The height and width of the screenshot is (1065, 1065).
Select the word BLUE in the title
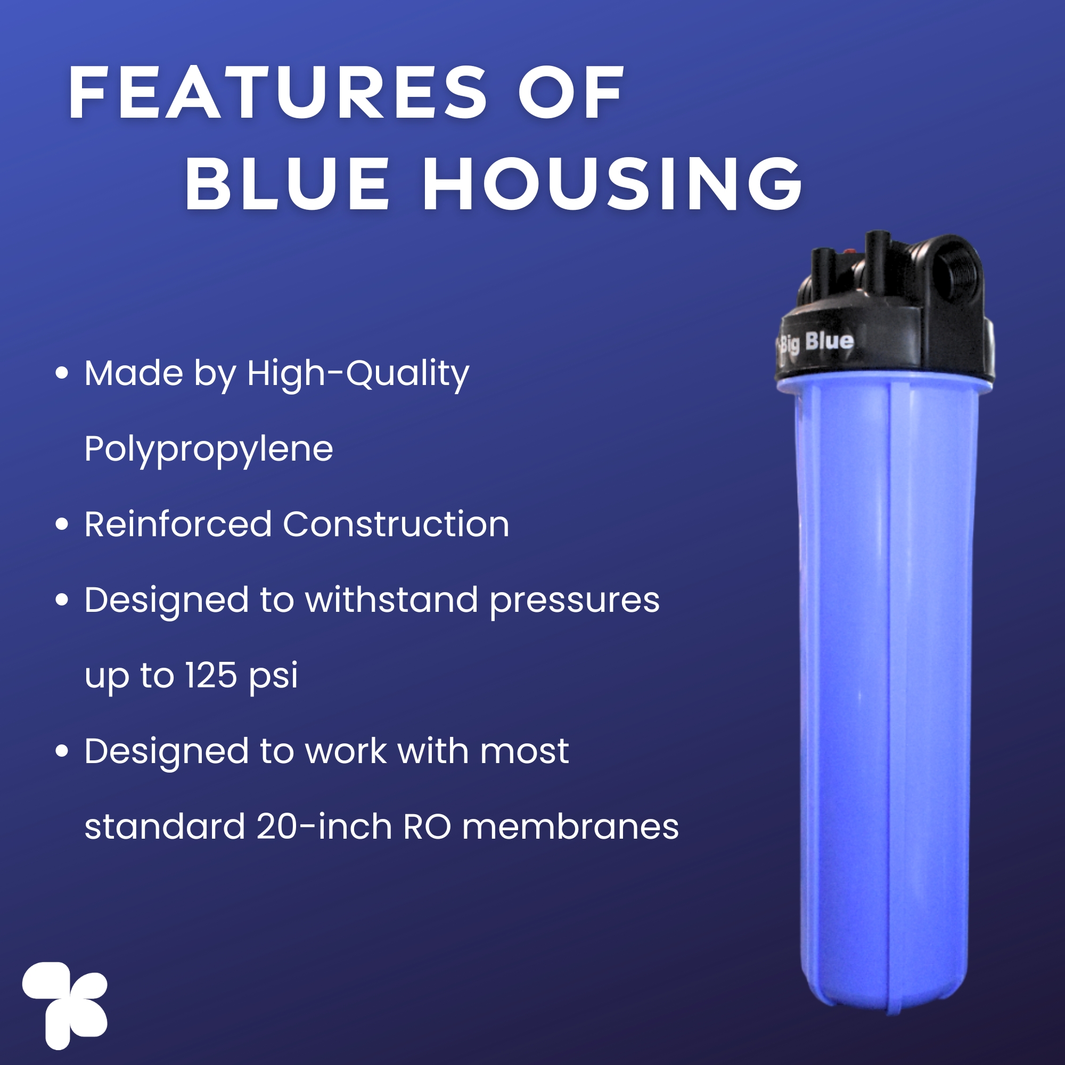pos(287,184)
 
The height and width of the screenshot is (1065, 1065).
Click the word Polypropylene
pos(209,449)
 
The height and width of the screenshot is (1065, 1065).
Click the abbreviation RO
pos(427,827)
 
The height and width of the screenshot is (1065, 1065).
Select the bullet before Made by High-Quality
pos(62,373)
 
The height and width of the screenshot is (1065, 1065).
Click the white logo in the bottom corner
pos(65,1005)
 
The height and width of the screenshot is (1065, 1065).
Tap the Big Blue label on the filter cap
pos(816,342)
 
